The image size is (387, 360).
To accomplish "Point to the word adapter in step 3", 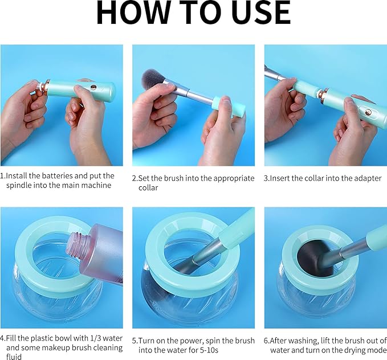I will coord(368,178).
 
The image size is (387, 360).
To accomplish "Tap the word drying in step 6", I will coord(351,350).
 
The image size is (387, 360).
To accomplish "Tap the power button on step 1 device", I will coord(92,88).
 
